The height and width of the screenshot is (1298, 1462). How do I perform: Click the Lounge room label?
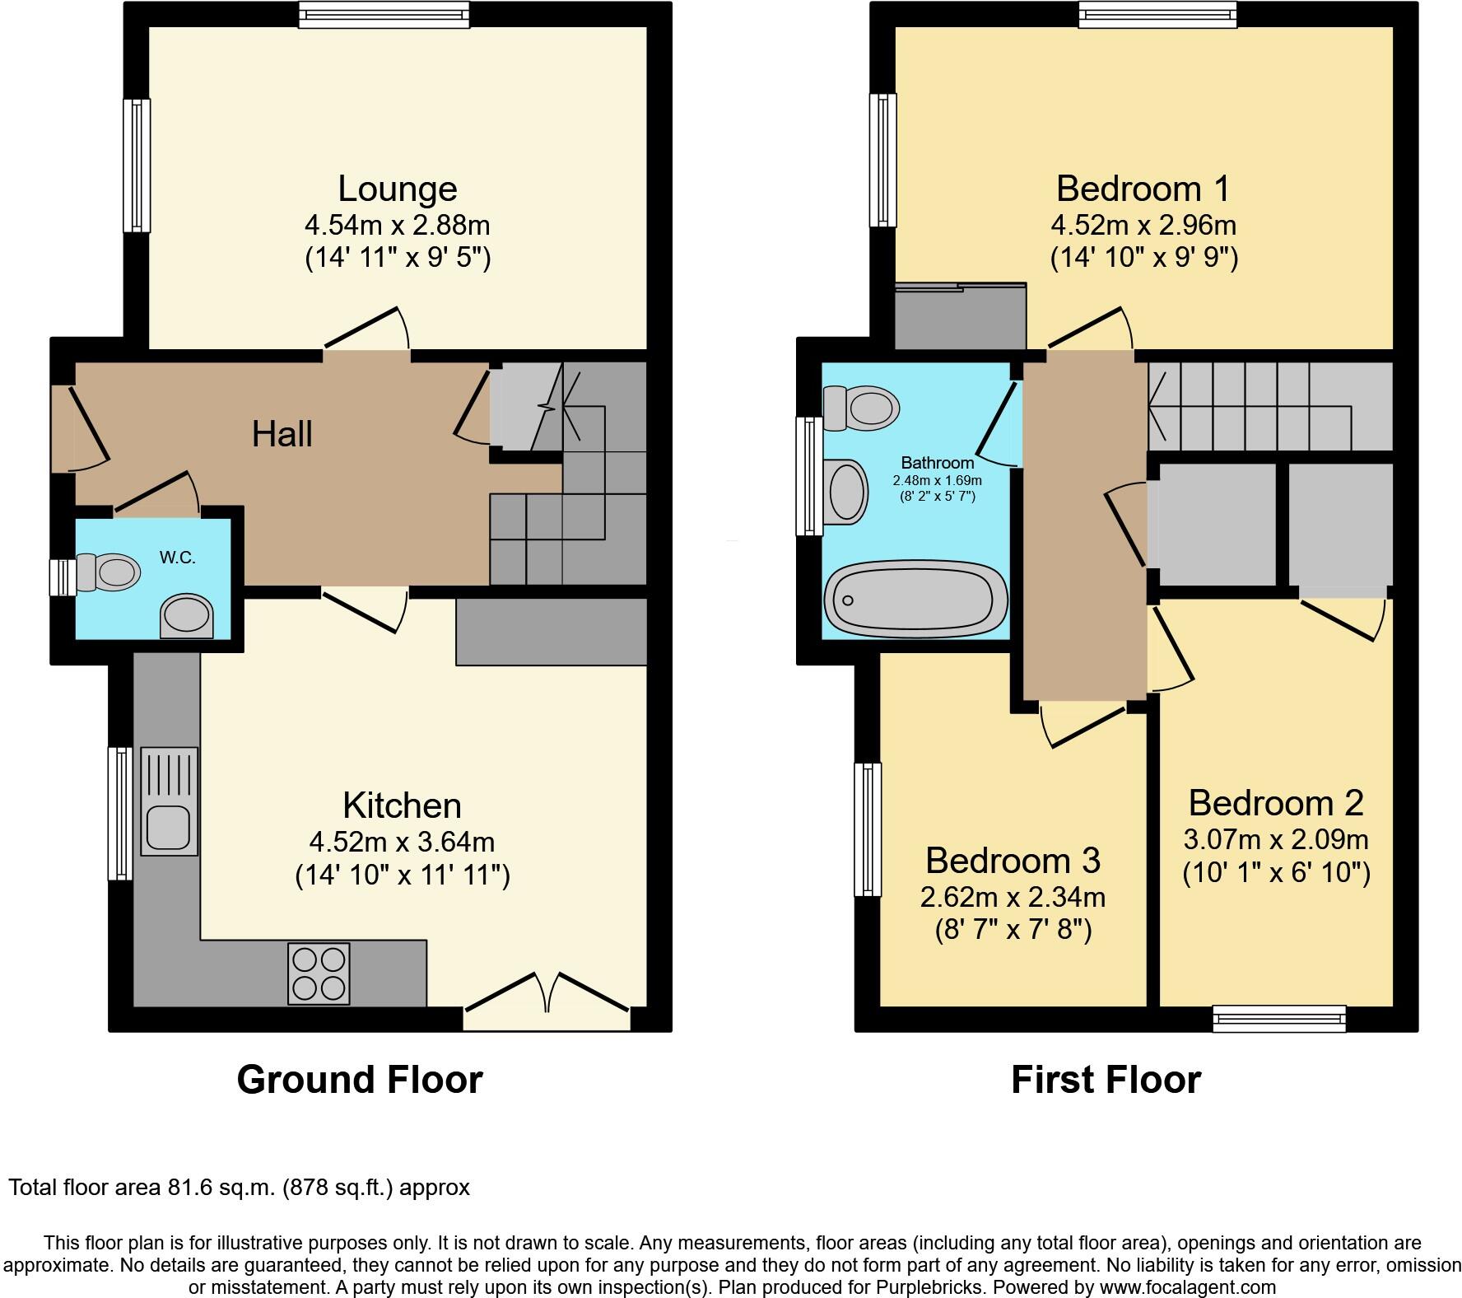pyautogui.click(x=398, y=189)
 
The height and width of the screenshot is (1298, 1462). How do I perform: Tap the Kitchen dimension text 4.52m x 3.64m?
pyautogui.click(x=402, y=842)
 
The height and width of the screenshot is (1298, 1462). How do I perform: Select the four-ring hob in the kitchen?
pyautogui.click(x=319, y=974)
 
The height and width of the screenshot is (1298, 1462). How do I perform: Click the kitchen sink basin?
pyautogui.click(x=169, y=828)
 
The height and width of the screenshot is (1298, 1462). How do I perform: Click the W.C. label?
pyautogui.click(x=178, y=558)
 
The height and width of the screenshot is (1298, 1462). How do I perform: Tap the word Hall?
pyautogui.click(x=282, y=434)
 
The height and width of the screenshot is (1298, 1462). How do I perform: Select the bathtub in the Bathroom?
pyautogui.click(x=916, y=599)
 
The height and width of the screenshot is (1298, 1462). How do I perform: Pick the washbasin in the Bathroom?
pyautogui.click(x=848, y=492)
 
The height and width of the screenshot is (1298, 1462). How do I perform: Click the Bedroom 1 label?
pyautogui.click(x=1143, y=189)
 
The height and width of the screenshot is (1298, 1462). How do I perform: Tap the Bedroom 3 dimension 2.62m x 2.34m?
pyautogui.click(x=1013, y=896)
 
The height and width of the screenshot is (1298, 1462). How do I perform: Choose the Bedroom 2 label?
pyautogui.click(x=1276, y=802)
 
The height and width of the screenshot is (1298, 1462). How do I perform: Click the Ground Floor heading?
pyautogui.click(x=360, y=1080)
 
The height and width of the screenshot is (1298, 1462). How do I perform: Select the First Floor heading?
pyautogui.click(x=1106, y=1080)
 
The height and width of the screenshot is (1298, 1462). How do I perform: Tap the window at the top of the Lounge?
pyautogui.click(x=384, y=14)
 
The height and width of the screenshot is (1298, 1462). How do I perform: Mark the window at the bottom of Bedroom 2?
pyautogui.click(x=1279, y=1019)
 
